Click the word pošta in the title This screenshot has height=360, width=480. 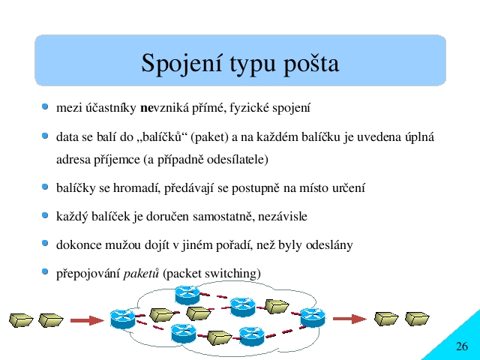(311, 64)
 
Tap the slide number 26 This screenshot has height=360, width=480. (462, 346)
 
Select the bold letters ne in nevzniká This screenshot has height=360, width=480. (146, 108)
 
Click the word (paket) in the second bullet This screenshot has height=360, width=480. (209, 137)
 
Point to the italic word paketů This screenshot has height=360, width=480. (141, 273)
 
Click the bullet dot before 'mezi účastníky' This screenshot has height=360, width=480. (45, 106)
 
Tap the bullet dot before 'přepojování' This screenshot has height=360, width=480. (45, 271)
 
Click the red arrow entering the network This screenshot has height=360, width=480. (87, 320)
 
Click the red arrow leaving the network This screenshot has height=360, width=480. (349, 319)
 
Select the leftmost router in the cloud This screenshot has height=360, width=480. (123, 319)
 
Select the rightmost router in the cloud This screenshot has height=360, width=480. (313, 318)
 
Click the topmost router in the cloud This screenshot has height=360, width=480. (187, 295)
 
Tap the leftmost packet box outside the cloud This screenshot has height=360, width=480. (21, 320)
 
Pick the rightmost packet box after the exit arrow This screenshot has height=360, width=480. (417, 319)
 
